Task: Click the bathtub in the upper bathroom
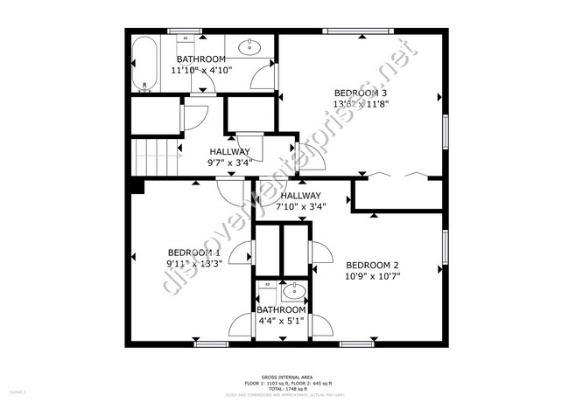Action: coord(145,64)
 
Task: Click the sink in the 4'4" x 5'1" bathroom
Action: coord(293,291)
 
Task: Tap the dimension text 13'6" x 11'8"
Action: coord(361,103)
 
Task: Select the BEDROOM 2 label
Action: coord(372,266)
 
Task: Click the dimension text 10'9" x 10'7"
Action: coord(372,276)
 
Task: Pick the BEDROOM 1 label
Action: coord(193,253)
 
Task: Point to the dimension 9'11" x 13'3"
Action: coord(193,262)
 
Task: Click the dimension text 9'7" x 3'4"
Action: coord(228,162)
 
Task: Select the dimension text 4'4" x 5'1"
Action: coord(281,321)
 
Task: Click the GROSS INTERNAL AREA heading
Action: coord(284,378)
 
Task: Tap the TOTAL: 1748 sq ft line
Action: coord(284,389)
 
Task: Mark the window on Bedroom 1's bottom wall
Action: coord(210,343)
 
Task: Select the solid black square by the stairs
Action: coord(136,185)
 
